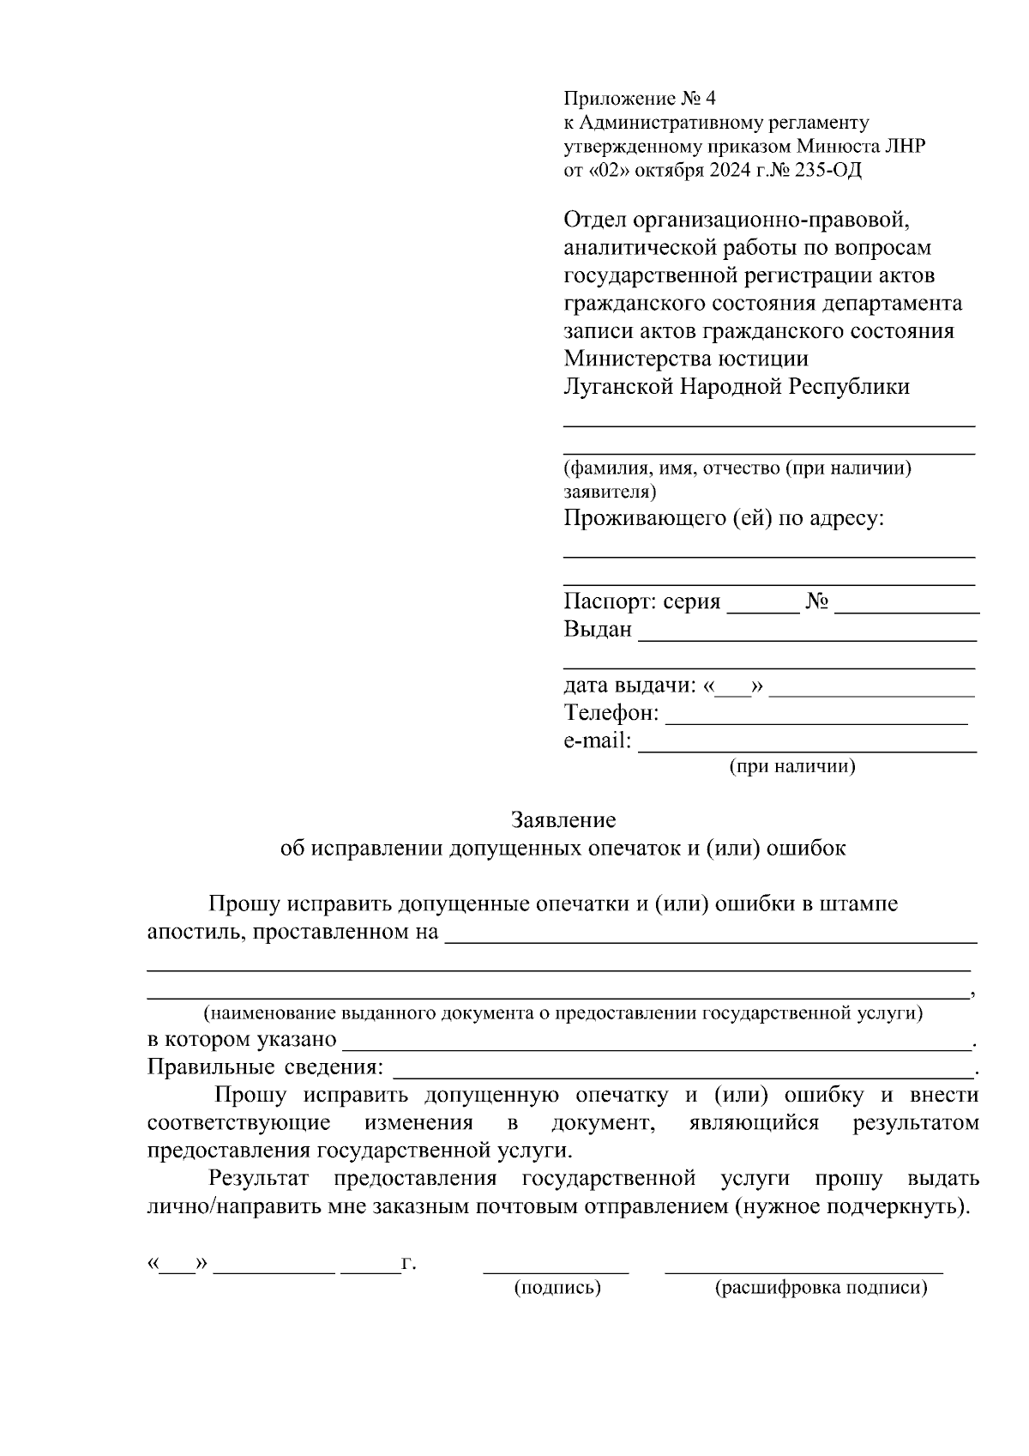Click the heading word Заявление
[x=563, y=820]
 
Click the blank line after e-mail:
[x=807, y=748]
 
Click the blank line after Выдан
[x=807, y=637]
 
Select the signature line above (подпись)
[x=557, y=1270]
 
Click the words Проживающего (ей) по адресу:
[x=724, y=519]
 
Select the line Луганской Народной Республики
[x=737, y=387]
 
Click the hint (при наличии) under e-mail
[x=792, y=766]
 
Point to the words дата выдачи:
[x=629, y=686]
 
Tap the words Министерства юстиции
[x=686, y=359]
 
